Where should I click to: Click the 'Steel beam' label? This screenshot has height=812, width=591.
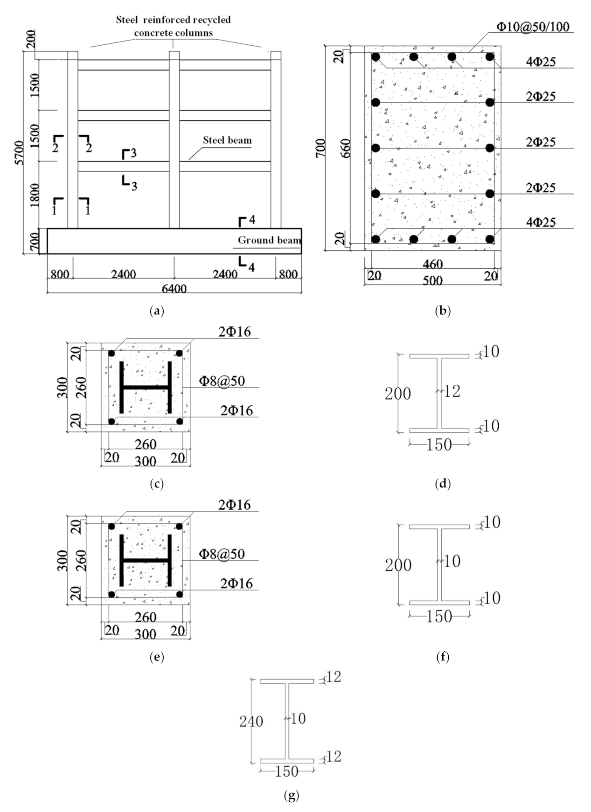[x=227, y=140]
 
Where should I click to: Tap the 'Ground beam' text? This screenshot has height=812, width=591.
[x=269, y=240]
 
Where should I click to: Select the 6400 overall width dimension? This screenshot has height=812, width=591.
[x=174, y=289]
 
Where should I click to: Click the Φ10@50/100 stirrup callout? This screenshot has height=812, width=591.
[x=533, y=27]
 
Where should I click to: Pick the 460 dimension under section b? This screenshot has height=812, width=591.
[x=432, y=264]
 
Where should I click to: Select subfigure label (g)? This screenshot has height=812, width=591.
[x=291, y=795]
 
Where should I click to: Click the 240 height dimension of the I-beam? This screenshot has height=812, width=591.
[x=251, y=722]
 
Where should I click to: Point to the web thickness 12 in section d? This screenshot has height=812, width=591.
[x=452, y=391]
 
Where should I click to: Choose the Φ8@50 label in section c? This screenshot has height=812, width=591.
[x=222, y=381]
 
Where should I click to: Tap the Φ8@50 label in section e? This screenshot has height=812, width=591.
[x=222, y=554]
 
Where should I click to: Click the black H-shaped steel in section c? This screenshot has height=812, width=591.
[x=145, y=387]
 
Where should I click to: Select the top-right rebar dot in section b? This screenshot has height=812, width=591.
[x=489, y=57]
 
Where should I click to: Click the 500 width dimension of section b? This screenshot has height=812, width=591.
[x=432, y=280]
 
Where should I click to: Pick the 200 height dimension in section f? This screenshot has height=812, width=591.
[x=398, y=565]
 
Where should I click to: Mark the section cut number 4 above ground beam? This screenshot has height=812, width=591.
[x=251, y=220]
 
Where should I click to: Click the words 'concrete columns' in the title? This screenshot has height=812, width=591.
[x=174, y=33]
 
